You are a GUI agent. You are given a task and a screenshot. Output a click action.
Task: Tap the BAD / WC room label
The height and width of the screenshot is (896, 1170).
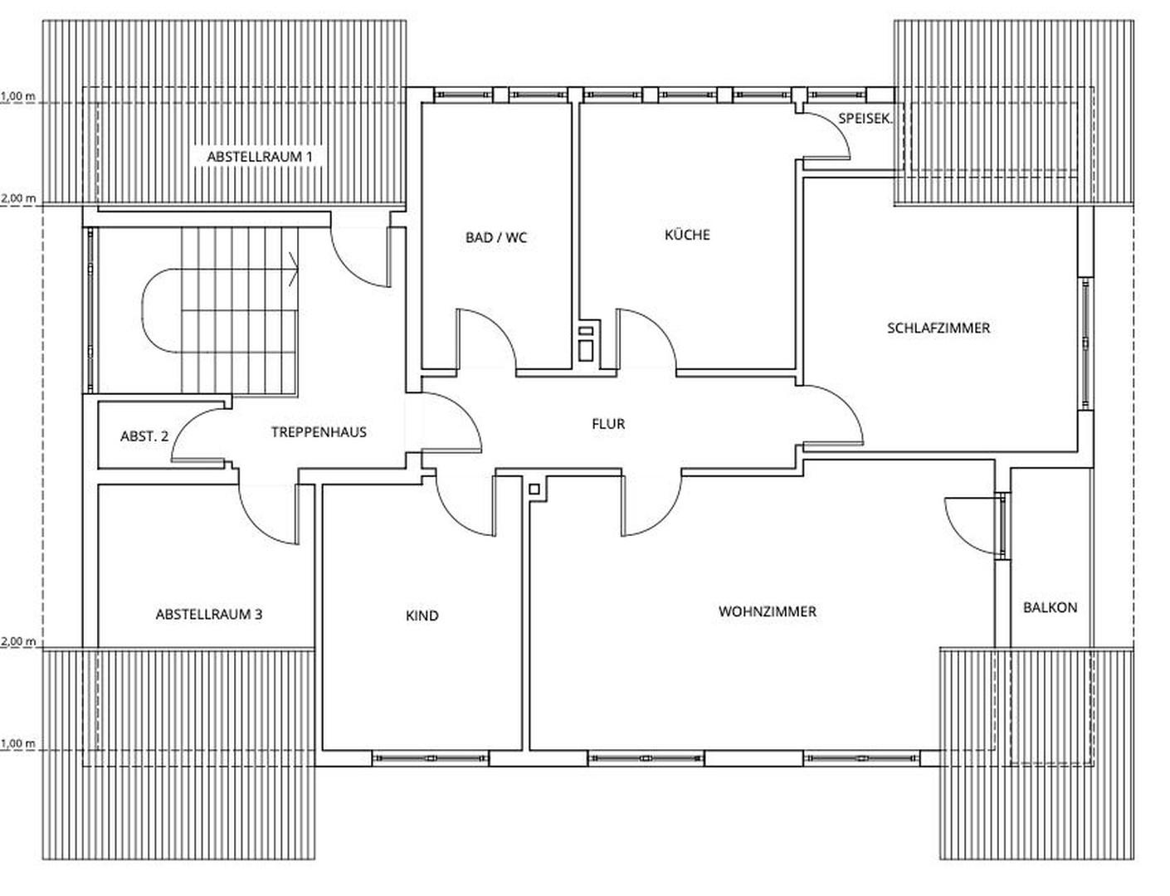(x=495, y=238)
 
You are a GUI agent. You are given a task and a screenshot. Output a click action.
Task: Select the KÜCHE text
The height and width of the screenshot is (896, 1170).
(x=687, y=235)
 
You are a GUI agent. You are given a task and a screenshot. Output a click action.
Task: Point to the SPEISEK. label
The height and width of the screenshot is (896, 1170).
(x=865, y=119)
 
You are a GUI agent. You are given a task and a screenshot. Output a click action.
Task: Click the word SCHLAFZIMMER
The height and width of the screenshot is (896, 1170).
(x=938, y=328)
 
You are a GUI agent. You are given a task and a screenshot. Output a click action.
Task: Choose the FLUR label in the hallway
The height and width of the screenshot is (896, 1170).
(x=607, y=424)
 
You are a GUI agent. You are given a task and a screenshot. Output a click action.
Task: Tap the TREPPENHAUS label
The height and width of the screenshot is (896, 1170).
(x=319, y=432)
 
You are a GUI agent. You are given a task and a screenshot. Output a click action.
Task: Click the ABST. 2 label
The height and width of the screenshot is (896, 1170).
(x=144, y=436)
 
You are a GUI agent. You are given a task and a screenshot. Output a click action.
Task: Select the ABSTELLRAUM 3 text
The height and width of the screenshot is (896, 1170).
(x=209, y=615)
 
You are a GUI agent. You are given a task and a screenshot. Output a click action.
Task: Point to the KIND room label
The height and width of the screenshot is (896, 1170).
(x=422, y=616)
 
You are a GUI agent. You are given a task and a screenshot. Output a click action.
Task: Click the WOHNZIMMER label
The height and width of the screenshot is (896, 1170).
(x=767, y=611)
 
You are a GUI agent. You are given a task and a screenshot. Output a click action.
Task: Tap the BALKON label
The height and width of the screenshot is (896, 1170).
(x=1050, y=607)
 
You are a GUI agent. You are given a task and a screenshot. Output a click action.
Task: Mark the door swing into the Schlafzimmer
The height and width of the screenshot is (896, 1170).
(x=834, y=415)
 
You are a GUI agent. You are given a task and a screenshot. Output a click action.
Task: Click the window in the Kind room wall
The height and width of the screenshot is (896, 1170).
(x=430, y=757)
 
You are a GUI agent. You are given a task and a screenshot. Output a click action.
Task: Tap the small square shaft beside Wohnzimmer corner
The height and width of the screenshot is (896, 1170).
(x=534, y=489)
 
